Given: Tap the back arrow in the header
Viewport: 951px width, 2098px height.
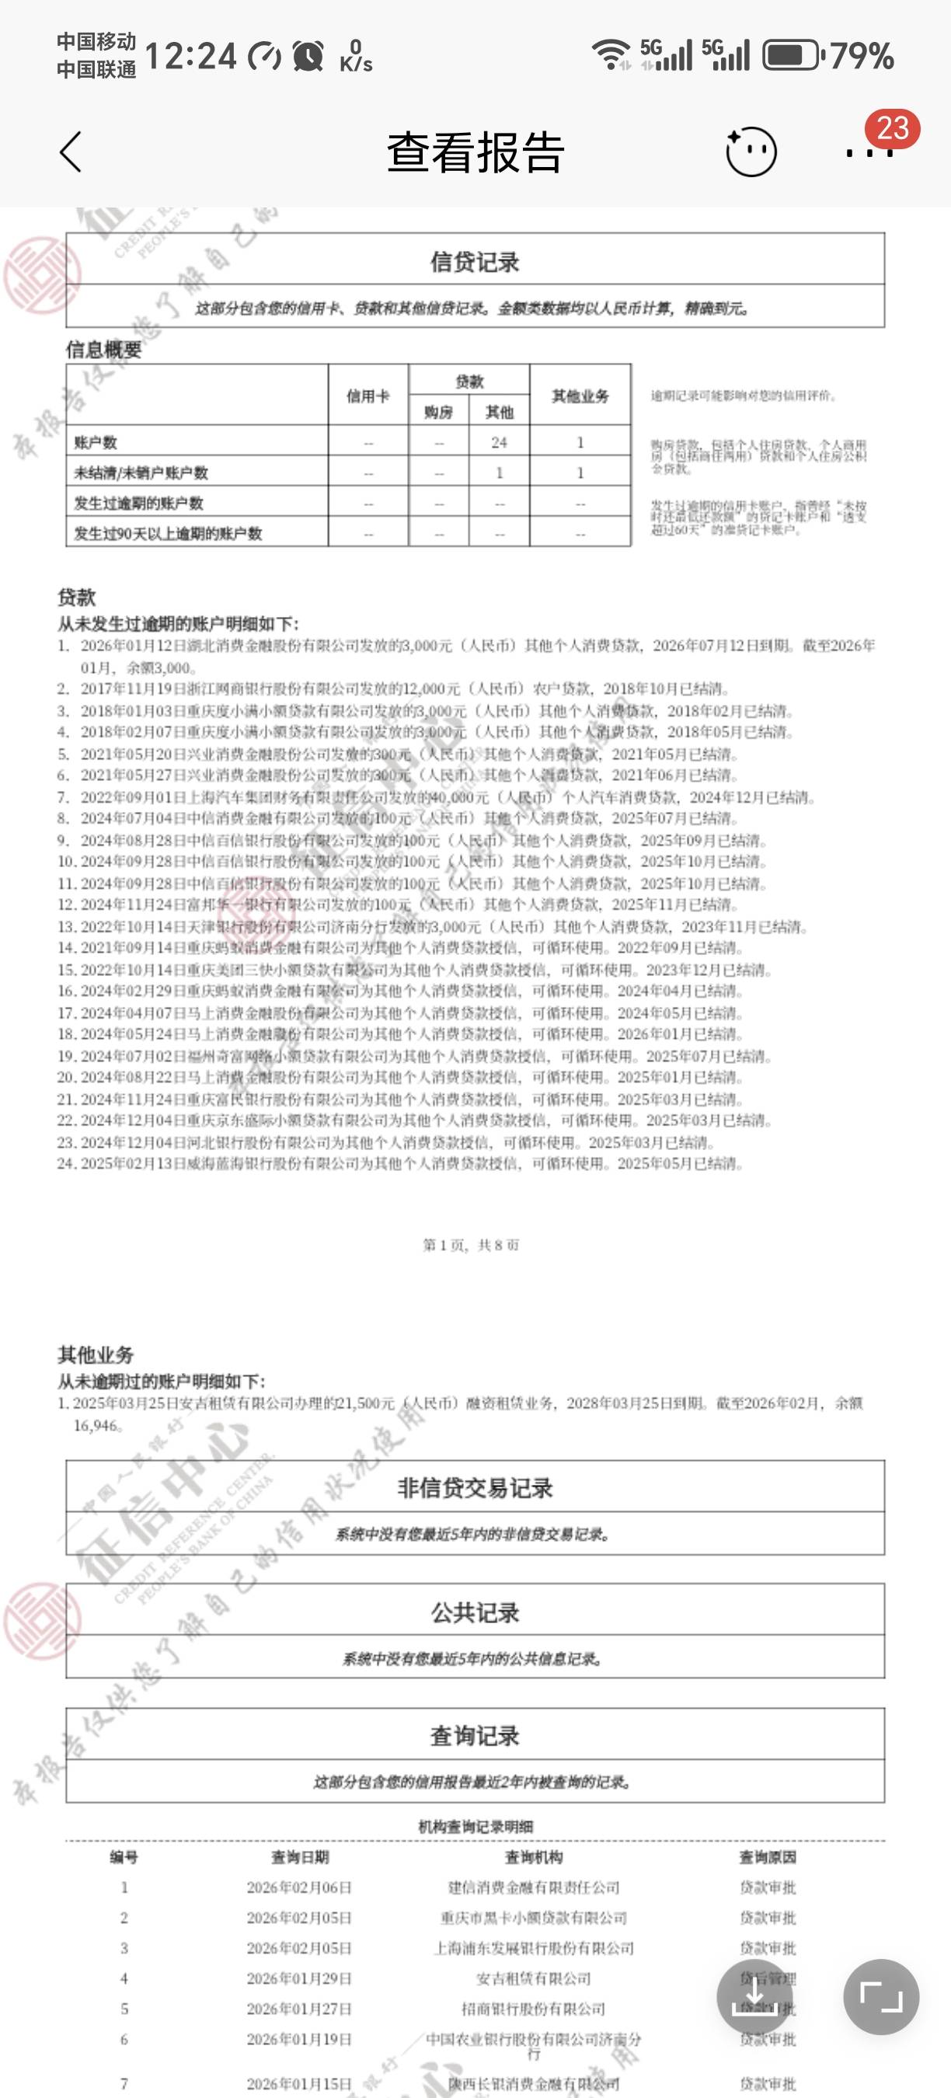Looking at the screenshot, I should click(71, 152).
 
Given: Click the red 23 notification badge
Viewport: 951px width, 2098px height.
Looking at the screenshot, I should click(893, 129).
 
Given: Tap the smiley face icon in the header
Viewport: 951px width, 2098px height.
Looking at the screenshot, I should click(751, 152).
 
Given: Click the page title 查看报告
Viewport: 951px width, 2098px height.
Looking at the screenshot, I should click(475, 152).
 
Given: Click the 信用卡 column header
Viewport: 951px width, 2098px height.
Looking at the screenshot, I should click(368, 396).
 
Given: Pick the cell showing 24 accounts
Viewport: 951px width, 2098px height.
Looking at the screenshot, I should click(499, 442).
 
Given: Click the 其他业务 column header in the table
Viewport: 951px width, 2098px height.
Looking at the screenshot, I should click(580, 396).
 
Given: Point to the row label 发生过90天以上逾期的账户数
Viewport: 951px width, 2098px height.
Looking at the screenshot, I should click(168, 534).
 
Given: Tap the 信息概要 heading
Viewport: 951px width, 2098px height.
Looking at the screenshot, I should click(103, 350).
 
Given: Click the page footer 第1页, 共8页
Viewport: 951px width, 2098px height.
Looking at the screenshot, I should click(471, 1245).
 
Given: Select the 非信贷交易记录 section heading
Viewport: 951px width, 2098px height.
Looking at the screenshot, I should click(475, 1488).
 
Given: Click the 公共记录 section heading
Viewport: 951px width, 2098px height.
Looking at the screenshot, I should click(475, 1612).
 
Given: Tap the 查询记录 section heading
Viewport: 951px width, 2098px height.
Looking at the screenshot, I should click(475, 1736).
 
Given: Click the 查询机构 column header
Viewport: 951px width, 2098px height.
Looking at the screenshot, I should click(533, 1857).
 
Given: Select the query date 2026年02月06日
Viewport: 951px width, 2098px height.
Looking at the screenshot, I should click(299, 1887).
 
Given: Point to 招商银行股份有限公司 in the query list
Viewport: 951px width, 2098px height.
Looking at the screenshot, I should click(533, 2009).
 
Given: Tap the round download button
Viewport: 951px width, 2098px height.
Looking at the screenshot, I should click(754, 1996).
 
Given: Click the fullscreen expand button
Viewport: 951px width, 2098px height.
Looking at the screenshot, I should click(881, 1996).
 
